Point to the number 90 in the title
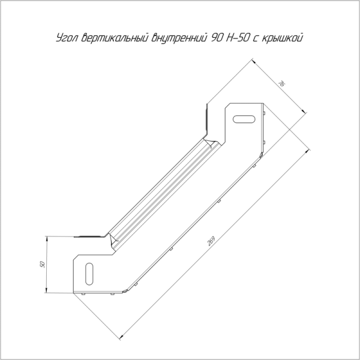point(217,38)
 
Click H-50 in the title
point(238,38)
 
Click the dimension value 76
point(281,83)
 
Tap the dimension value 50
point(42,264)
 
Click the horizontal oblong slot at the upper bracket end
point(244,119)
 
